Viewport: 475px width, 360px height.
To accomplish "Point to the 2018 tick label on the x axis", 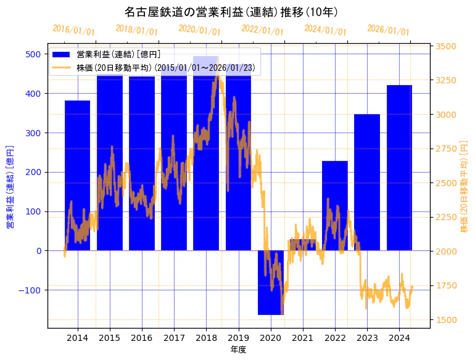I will [x=206, y=338].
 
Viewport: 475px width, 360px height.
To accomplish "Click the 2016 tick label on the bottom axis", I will [x=142, y=338].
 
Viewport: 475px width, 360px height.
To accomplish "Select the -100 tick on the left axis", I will [x=31, y=290].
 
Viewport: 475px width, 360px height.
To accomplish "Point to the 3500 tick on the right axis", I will [x=446, y=46].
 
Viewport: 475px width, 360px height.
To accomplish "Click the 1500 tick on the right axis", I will [x=446, y=319].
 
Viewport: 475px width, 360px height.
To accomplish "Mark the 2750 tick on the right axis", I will [x=446, y=149].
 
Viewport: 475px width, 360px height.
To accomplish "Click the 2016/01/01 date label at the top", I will [x=73, y=30].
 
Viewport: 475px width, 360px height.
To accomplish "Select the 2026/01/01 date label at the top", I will [x=388, y=30].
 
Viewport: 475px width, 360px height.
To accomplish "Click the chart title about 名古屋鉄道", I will [x=231, y=12].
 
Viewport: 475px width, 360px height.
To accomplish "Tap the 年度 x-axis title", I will [x=238, y=350].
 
